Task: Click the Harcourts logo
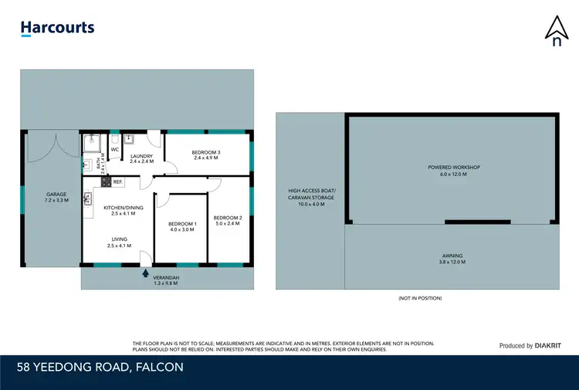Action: click(x=57, y=29)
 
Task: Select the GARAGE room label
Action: click(x=56, y=197)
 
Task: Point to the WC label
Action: click(x=114, y=149)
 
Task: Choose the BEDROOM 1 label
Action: click(x=182, y=226)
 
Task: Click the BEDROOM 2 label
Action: click(x=228, y=220)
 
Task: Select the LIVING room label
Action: click(x=119, y=242)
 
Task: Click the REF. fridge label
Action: click(x=117, y=181)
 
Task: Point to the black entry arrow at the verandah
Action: click(x=145, y=271)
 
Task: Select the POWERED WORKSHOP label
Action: click(x=454, y=170)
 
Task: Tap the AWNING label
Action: click(x=453, y=259)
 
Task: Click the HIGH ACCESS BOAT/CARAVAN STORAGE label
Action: click(x=311, y=198)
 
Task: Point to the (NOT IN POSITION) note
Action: click(x=420, y=297)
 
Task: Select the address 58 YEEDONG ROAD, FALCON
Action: click(x=102, y=367)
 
